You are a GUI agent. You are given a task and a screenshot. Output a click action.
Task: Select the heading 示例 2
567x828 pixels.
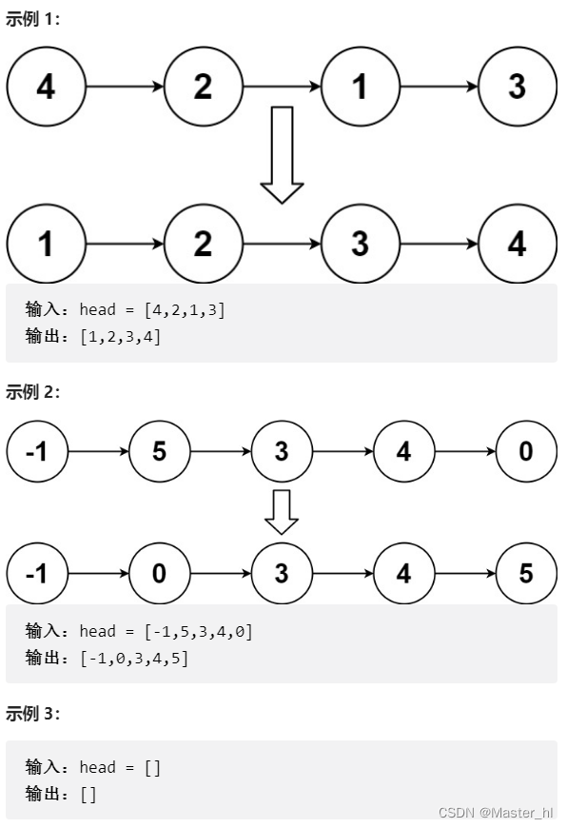click(x=32, y=392)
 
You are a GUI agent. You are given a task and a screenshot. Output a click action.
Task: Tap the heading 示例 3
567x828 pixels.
click(x=32, y=714)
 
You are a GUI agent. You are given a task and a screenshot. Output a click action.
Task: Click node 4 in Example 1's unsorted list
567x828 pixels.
click(x=46, y=87)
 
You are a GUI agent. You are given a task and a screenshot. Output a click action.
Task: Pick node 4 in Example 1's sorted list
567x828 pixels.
click(x=517, y=244)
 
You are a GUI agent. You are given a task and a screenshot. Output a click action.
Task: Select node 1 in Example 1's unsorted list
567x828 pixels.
click(x=360, y=87)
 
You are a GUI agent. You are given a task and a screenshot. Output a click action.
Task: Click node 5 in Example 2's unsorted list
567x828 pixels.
click(x=159, y=450)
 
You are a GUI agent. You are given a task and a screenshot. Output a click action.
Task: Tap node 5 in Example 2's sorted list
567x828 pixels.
click(x=526, y=574)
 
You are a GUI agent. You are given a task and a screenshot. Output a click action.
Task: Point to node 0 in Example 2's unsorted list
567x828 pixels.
click(x=526, y=450)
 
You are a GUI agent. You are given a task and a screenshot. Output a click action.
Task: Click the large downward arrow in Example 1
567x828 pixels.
click(x=282, y=154)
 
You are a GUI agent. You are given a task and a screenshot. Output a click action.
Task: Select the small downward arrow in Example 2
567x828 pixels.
click(x=282, y=511)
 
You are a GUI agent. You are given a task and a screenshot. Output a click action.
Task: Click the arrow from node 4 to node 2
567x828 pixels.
click(x=125, y=87)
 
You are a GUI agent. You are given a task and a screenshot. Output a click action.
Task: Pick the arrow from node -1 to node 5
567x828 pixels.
click(x=99, y=450)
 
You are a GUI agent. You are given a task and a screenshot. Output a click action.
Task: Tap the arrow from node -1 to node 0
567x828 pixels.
click(x=99, y=574)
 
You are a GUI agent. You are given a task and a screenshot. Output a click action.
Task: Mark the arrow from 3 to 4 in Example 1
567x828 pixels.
click(x=439, y=244)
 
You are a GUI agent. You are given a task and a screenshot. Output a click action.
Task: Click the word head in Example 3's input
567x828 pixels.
click(x=96, y=767)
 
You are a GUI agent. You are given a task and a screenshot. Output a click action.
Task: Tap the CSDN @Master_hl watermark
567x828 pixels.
click(x=495, y=812)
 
